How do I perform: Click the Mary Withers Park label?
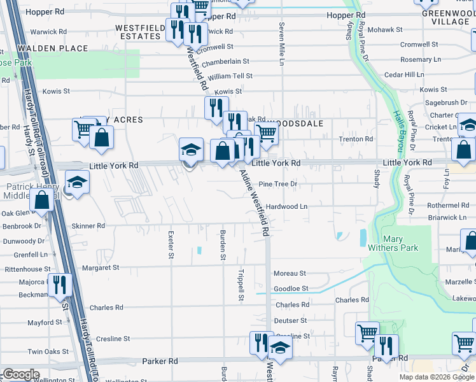tap(402, 243)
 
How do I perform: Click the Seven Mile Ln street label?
tap(281, 44)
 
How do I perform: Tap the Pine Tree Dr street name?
tap(277, 184)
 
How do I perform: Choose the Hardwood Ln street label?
tap(286, 207)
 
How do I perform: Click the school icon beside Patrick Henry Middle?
tap(77, 183)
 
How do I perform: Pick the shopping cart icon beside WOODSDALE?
tap(267, 133)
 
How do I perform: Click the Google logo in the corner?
tap(20, 374)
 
